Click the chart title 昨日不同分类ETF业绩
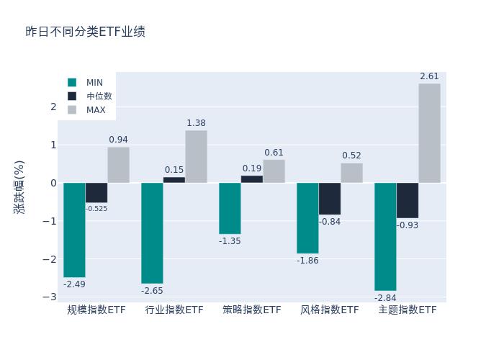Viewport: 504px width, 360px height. point(85,32)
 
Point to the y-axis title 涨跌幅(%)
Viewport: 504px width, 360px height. point(19,186)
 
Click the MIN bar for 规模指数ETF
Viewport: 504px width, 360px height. point(74,230)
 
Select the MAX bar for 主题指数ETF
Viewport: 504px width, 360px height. point(429,133)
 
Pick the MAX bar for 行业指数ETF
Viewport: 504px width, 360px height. point(196,156)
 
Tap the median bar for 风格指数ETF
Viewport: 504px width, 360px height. point(330,199)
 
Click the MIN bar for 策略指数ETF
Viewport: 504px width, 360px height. point(230,208)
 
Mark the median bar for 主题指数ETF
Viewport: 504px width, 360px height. point(408,200)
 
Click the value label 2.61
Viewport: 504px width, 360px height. point(429,76)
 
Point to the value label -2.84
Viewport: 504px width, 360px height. point(385,297)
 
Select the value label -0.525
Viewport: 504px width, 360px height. point(96,209)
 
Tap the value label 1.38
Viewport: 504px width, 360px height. point(196,123)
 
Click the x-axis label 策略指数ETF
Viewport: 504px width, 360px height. point(252,310)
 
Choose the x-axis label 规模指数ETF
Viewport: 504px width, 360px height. point(96,310)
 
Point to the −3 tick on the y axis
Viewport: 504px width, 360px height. point(50,297)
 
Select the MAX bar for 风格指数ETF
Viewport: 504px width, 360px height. point(351,173)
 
